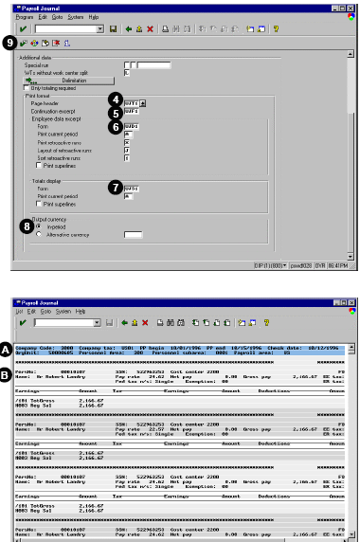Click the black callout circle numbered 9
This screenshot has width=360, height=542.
pyautogui.click(x=10, y=42)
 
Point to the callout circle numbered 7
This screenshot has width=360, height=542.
pyautogui.click(x=115, y=188)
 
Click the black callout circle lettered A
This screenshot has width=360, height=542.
pyautogui.click(x=9, y=349)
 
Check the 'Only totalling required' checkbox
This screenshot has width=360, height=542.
pyautogui.click(x=26, y=88)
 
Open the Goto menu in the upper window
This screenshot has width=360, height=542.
pyautogui.click(x=60, y=18)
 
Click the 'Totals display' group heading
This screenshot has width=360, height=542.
pyautogui.click(x=45, y=180)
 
